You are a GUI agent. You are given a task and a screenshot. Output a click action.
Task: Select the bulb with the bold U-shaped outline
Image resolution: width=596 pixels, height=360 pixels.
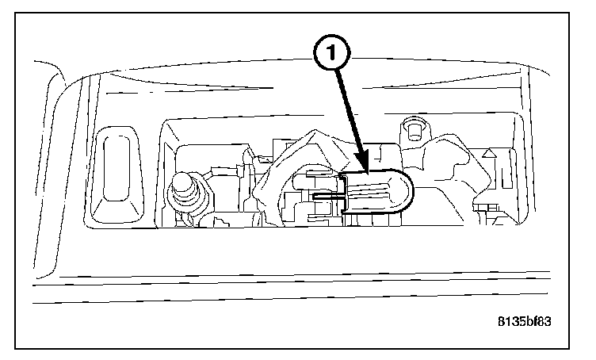click(x=376, y=193)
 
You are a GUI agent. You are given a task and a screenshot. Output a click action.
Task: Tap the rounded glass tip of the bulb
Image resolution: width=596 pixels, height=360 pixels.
click(x=407, y=192)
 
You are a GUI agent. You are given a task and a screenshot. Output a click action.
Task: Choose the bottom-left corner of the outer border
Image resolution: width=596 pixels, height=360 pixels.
click(x=17, y=347)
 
